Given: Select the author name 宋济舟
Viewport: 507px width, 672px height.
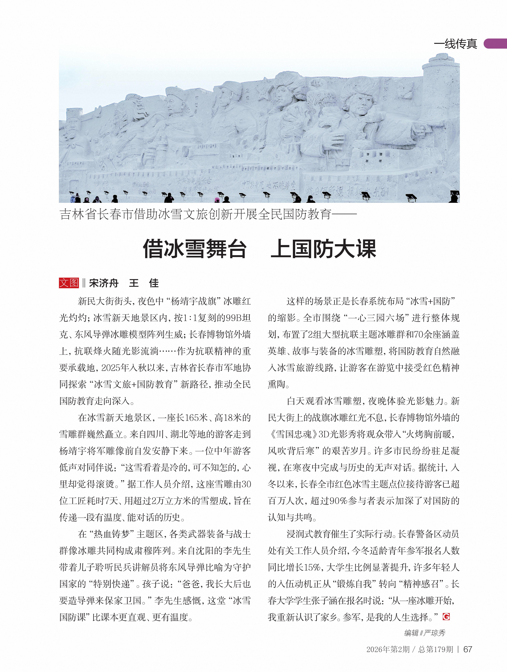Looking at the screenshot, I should (104, 283).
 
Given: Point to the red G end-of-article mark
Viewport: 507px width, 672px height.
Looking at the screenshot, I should (446, 617).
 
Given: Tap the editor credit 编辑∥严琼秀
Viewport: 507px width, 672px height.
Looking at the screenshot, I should (425, 633).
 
